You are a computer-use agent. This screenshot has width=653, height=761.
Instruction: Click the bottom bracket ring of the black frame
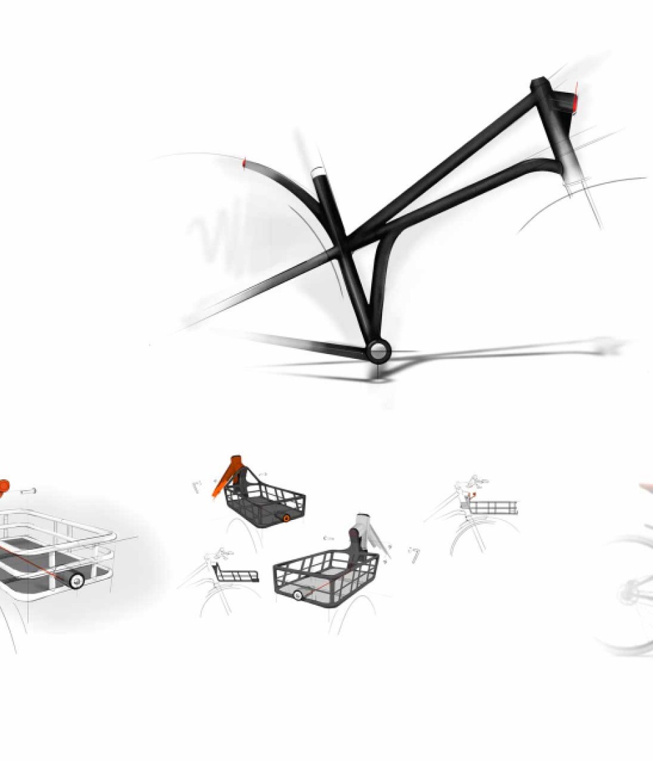coord(378,351)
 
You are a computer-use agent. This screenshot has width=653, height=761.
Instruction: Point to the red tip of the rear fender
coord(245,163)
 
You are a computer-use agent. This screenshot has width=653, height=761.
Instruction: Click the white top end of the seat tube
coord(318,173)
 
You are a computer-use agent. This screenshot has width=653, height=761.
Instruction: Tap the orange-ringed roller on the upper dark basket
coord(287,519)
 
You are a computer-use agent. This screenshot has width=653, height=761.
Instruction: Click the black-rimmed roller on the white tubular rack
coord(77,580)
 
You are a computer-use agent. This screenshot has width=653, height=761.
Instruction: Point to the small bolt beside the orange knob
coord(28,491)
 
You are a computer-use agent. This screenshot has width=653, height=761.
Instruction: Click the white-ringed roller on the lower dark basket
coord(298,595)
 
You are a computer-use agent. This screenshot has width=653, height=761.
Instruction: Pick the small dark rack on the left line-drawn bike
coord(237,575)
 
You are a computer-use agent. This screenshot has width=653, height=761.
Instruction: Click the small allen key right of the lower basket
coord(414,554)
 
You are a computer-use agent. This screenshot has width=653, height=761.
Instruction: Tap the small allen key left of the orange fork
coord(197,486)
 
